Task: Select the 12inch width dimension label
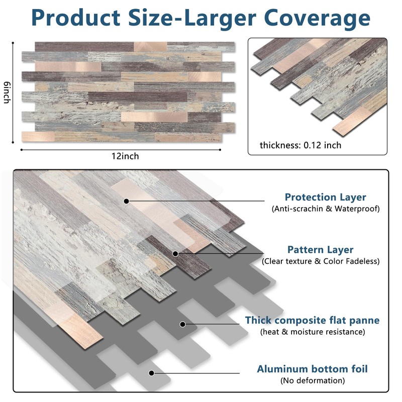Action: [x=125, y=156]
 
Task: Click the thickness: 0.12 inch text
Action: [x=300, y=145]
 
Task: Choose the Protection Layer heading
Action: [x=325, y=197]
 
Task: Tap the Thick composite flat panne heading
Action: [x=312, y=320]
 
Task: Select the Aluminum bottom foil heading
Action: [x=312, y=369]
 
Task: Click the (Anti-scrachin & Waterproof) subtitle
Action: [x=326, y=209]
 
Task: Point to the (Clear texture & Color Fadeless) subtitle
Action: [x=321, y=261]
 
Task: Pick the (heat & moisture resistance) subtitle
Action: [x=312, y=332]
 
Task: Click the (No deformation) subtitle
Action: [x=312, y=380]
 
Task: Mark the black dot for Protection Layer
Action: [x=127, y=201]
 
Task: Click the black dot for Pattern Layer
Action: [x=175, y=254]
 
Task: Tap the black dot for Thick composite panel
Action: [x=182, y=324]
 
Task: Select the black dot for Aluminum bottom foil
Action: [x=151, y=373]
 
